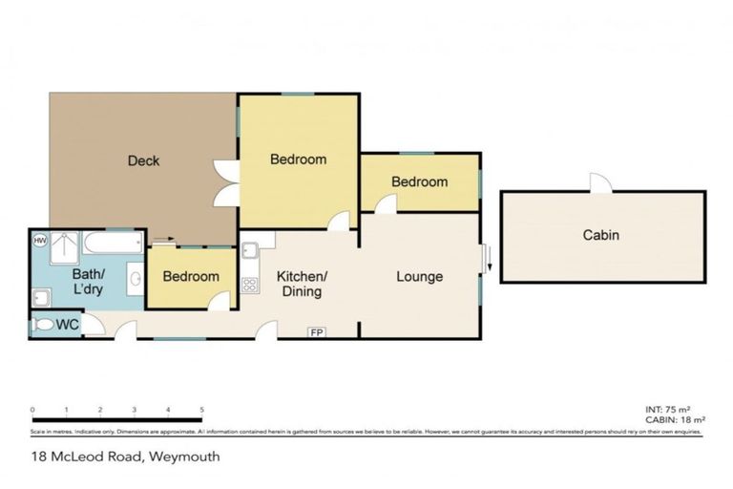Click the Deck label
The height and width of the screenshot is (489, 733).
click(144, 160)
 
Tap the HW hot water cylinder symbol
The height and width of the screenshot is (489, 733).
click(40, 241)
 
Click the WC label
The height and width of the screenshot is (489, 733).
click(68, 325)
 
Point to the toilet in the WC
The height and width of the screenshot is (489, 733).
click(43, 325)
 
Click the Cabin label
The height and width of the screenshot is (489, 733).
click(601, 235)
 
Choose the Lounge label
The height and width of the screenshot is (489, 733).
click(420, 277)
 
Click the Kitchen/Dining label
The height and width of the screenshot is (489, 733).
click(303, 284)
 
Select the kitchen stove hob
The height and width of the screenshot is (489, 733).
click(251, 284)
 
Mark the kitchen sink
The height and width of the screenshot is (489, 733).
click(249, 251)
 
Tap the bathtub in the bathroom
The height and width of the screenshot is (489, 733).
click(111, 242)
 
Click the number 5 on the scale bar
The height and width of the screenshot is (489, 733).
click(201, 410)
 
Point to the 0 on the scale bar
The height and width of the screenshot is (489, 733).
click(32, 410)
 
